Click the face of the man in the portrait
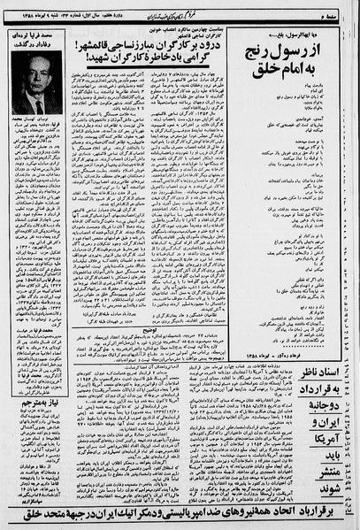(37, 90)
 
